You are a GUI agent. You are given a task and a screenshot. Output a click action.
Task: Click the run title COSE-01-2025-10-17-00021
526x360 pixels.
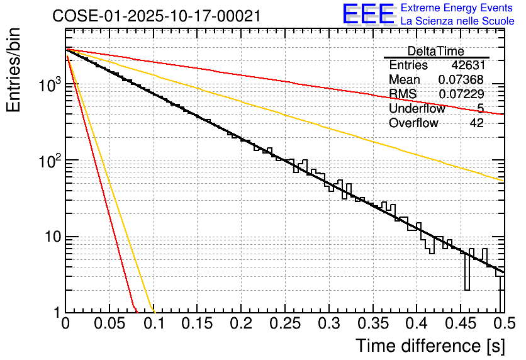point(157,16)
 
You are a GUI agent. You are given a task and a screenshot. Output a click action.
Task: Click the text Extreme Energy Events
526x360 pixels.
point(457,8)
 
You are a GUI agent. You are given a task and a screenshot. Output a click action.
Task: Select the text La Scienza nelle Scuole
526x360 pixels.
point(457,21)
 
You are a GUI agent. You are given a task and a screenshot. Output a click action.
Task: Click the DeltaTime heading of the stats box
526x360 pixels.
point(436,51)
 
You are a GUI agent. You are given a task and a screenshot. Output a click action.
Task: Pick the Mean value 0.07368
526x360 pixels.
point(461,79)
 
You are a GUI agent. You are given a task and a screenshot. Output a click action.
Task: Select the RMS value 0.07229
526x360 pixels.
point(461,94)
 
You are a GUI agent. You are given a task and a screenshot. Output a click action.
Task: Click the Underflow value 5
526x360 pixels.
point(480,108)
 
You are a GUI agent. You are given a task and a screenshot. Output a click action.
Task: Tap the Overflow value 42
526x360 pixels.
point(476,123)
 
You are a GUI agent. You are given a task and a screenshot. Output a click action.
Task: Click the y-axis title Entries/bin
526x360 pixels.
point(14,70)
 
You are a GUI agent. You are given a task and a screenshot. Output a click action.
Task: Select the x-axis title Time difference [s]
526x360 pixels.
point(430,346)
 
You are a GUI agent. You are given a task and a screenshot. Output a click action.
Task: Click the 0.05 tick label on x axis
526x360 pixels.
point(109,324)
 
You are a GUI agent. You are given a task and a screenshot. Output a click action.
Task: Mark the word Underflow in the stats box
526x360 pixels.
point(417,108)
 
